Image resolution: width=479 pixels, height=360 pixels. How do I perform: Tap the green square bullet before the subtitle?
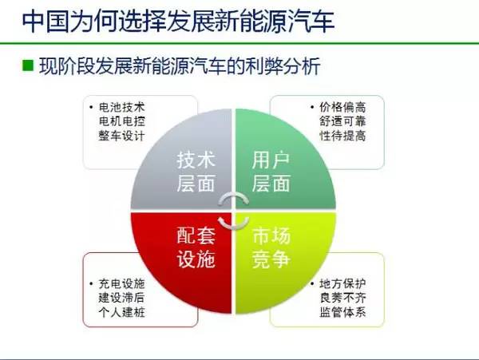27,65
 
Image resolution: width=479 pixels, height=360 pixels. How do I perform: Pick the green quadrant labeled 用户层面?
272,170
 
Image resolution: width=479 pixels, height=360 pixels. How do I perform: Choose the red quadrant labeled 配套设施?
196,248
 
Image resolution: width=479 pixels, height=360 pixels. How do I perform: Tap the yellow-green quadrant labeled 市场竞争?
272,248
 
